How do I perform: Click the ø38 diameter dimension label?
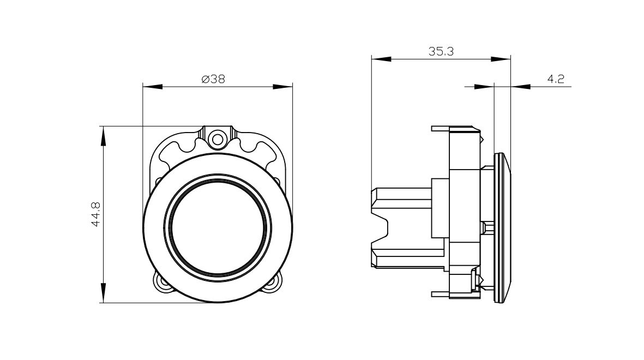pos(213,79)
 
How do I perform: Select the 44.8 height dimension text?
pos(96,214)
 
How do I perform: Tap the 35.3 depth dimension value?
pos(441,51)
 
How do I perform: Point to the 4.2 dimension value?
pos(556,79)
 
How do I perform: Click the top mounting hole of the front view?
pos(217,138)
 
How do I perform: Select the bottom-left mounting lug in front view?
pos(163,283)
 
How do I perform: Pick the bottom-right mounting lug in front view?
pos(272,283)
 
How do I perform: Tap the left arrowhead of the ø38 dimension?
pos(152,86)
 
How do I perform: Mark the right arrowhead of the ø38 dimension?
pos(283,86)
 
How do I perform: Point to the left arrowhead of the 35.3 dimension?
pos(381,59)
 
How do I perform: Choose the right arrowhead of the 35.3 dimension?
pos(501,59)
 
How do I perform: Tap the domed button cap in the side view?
pos(502,228)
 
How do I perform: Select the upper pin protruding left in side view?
pos(441,129)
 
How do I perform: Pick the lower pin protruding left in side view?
pos(441,294)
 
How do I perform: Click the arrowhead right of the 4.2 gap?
pos(520,86)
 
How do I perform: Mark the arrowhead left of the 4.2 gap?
pos(484,86)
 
